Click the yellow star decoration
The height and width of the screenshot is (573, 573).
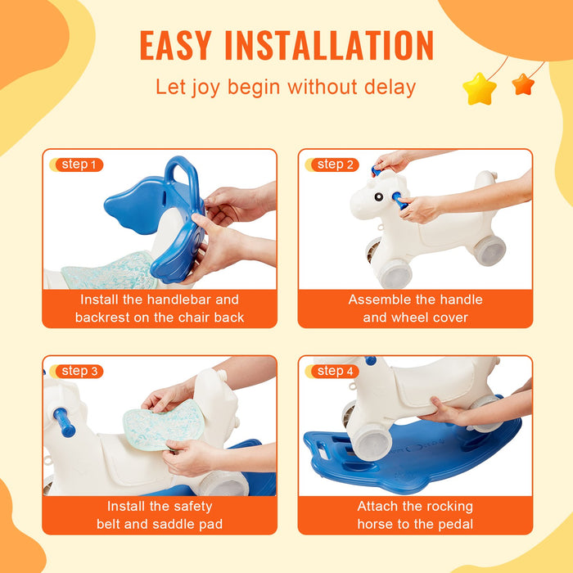pos(480,88)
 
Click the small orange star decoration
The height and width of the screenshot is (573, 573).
pos(522,83)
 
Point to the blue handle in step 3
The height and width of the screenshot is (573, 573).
pos(64,422)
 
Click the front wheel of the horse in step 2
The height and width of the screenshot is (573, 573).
pos(395,273)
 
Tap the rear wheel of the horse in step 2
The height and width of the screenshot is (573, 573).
pos(490,250)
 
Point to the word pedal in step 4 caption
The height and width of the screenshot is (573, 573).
pos(455,524)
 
